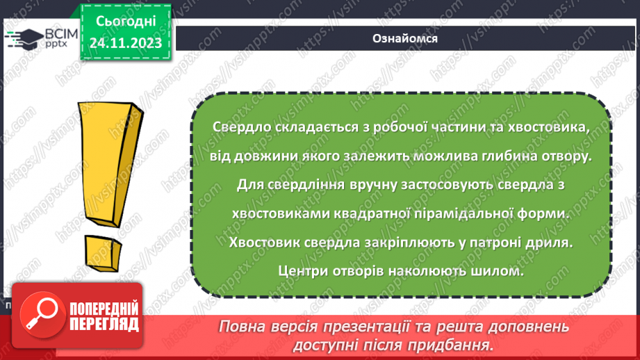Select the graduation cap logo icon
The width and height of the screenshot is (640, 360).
[x=22, y=37]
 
